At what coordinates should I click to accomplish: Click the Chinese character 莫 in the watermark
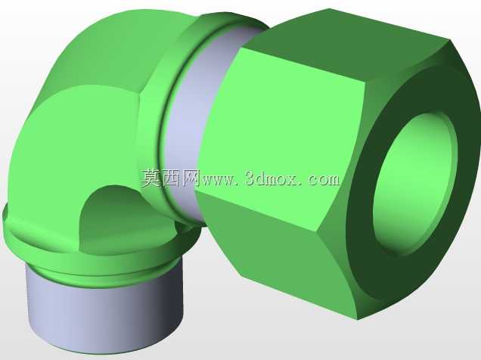151,178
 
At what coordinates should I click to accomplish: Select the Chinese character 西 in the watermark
171,178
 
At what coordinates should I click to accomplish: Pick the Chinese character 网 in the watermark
190,178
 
